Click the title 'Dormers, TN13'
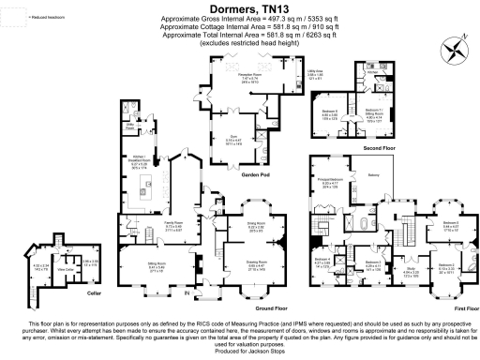click(240, 7)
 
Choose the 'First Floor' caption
click(455, 307)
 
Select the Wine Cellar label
click(65, 270)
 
